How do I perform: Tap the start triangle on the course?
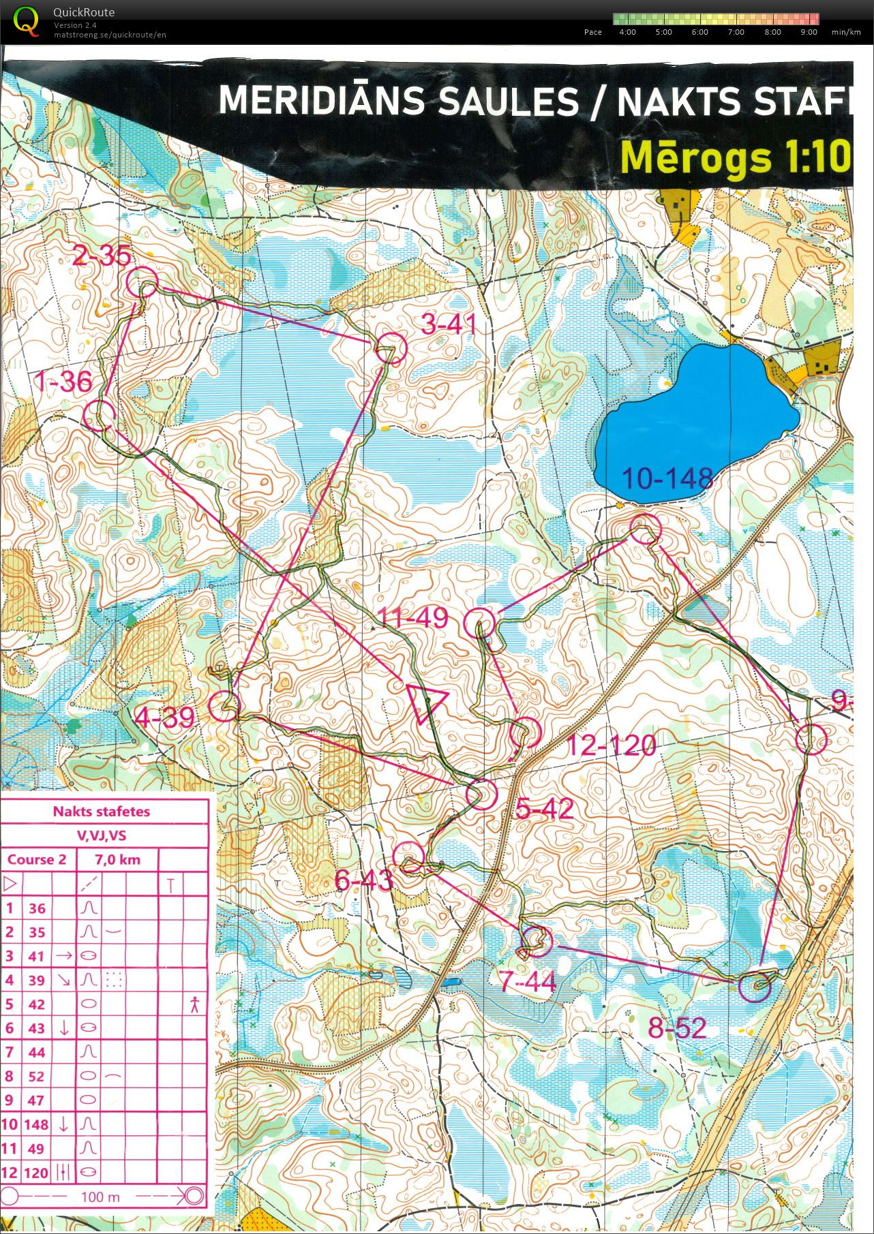tap(425, 703)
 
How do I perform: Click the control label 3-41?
tap(448, 324)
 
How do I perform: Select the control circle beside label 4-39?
tap(224, 706)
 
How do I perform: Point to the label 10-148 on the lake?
tap(667, 479)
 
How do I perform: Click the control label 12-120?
tap(612, 745)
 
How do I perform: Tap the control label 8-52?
tap(677, 1028)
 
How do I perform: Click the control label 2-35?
tap(102, 256)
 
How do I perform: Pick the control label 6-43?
tap(364, 881)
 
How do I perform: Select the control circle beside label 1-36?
tap(99, 414)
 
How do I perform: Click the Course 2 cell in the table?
tap(37, 859)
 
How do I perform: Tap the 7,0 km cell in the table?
tap(117, 860)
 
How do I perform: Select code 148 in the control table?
tap(36, 1124)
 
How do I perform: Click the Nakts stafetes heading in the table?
tap(101, 812)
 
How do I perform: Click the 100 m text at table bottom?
tap(100, 1197)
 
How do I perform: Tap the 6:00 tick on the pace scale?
tap(699, 32)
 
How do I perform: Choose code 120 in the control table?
tap(36, 1173)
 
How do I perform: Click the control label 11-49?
tap(413, 618)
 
